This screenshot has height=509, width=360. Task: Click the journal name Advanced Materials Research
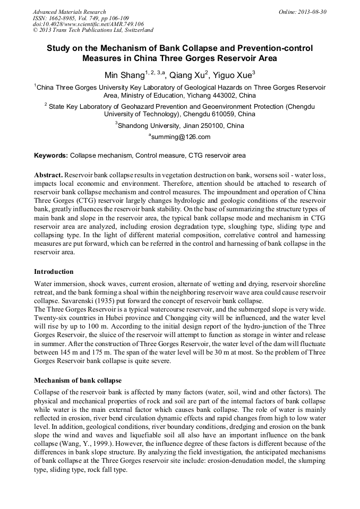[69, 12]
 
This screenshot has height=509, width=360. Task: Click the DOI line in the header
[88, 24]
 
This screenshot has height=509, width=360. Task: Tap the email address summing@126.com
[181, 137]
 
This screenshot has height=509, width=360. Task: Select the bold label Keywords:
[51, 156]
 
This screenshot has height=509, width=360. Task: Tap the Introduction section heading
[54, 272]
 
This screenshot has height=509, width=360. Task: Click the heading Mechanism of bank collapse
[78, 381]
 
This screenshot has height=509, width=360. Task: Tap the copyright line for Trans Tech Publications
[93, 31]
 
